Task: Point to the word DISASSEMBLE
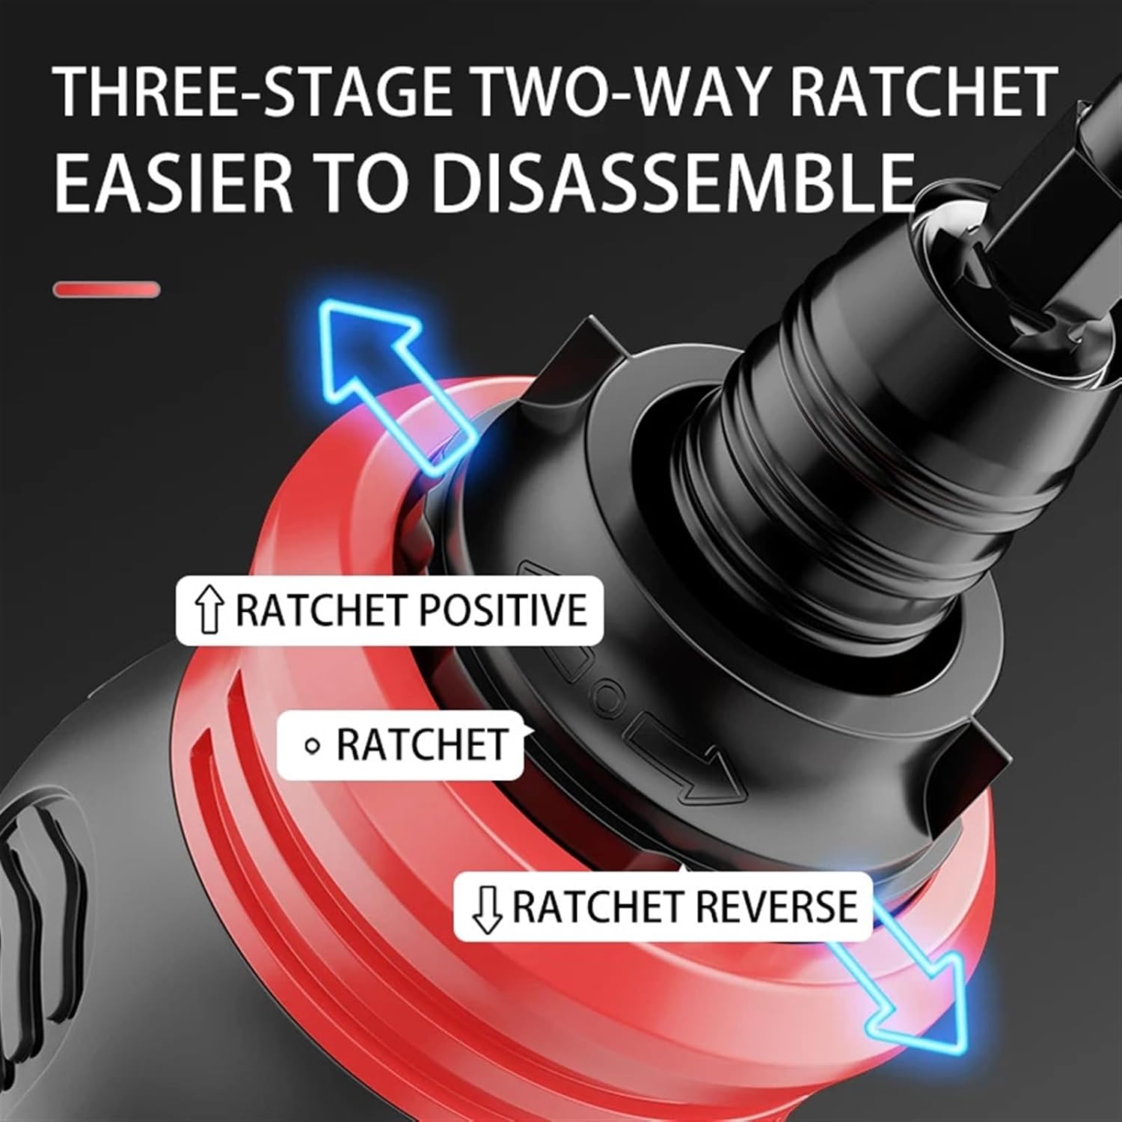coord(673,182)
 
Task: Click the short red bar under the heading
coord(106,289)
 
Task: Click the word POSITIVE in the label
coord(501,610)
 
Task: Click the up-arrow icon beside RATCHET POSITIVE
coord(209,610)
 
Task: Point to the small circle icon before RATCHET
coord(313,746)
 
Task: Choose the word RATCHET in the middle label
coord(421,746)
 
